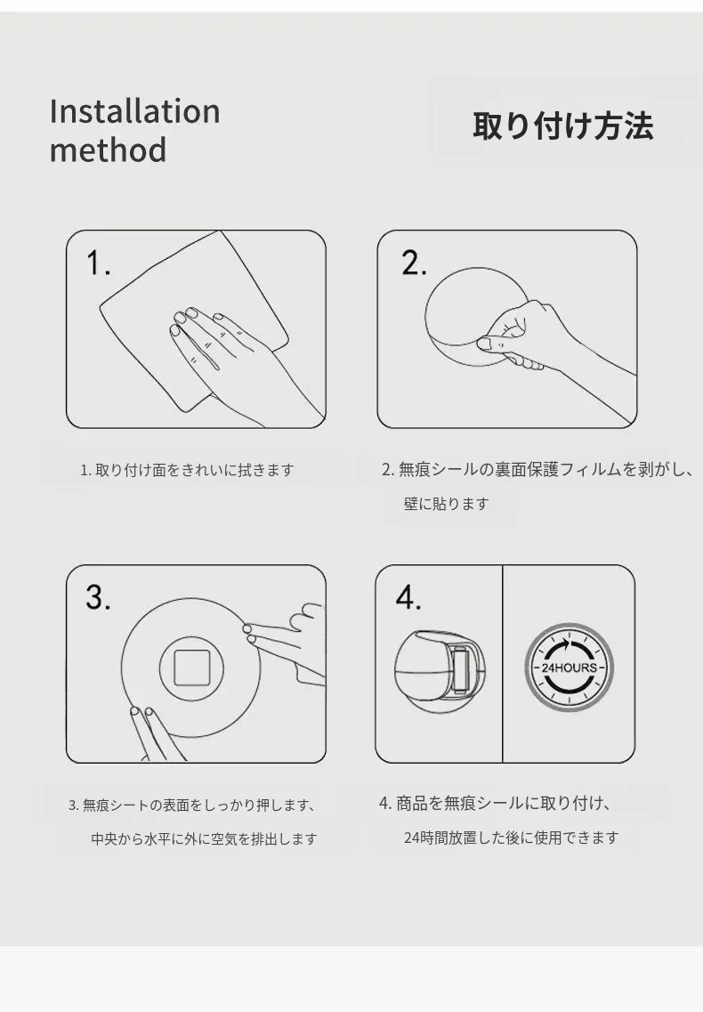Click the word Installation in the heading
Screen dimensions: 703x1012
135,111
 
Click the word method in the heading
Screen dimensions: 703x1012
108,150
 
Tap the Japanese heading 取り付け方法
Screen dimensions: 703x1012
563,125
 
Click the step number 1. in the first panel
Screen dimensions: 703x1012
98,263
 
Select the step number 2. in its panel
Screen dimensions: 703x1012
414,263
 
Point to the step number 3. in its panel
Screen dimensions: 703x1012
98,597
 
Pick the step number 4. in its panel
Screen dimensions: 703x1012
408,597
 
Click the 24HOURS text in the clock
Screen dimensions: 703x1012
569,668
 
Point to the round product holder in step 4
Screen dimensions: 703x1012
439,671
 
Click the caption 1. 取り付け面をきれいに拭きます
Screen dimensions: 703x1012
187,470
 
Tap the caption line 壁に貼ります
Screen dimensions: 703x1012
446,504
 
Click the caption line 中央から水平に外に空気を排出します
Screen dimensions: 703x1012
204,839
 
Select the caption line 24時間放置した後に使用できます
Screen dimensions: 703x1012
512,838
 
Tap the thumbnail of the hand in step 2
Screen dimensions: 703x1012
486,344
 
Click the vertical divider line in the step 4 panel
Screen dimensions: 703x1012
502,663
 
